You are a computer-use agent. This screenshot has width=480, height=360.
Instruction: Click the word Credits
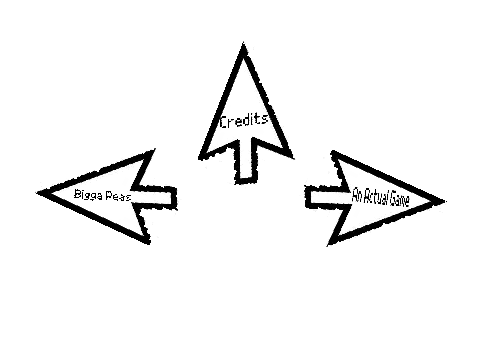(244, 121)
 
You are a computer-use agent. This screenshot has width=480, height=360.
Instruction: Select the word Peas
(118, 196)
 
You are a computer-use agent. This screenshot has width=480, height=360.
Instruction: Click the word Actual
(375, 197)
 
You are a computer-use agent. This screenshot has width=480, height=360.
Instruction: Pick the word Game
(399, 199)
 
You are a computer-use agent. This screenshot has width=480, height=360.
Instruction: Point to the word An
(357, 195)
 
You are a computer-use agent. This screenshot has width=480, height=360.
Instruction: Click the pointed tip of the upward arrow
(243, 43)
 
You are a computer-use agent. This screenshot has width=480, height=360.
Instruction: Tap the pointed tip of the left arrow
(38, 192)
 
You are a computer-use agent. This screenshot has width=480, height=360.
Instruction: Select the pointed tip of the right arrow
(444, 201)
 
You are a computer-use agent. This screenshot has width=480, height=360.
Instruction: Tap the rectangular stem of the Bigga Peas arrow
(154, 197)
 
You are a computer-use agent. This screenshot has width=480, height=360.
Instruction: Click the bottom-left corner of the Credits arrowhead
(200, 158)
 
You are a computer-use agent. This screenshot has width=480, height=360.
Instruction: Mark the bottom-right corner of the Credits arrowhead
(292, 156)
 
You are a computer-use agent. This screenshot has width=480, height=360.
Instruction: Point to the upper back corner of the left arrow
(154, 151)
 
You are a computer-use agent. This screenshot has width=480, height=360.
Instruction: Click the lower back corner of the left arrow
(148, 242)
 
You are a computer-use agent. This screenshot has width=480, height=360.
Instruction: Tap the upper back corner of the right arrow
(333, 152)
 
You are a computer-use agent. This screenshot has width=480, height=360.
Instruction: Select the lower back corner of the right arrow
(328, 244)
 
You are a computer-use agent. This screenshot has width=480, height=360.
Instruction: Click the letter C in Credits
(224, 122)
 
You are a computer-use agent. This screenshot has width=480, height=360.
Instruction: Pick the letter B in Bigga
(77, 194)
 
